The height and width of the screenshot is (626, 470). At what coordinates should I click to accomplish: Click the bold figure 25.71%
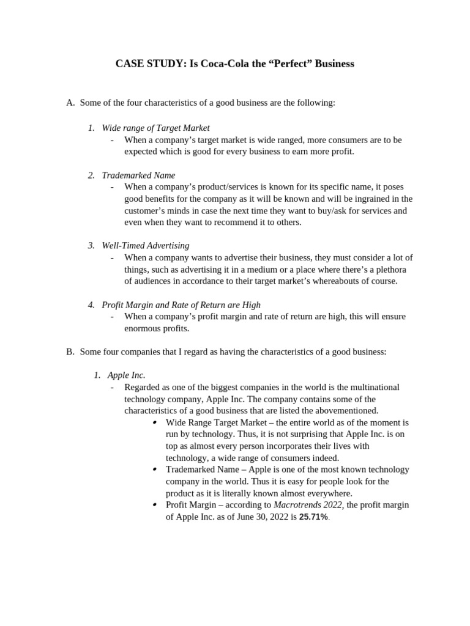pos(313,517)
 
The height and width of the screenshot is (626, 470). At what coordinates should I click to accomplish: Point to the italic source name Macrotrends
pos(296,505)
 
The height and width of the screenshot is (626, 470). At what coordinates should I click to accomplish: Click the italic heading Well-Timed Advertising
pos(146,246)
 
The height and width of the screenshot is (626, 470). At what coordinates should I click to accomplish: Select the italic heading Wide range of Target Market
pos(155,128)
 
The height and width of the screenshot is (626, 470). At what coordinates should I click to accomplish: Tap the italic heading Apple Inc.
pos(126,375)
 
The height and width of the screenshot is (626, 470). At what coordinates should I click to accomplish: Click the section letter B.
pos(70,352)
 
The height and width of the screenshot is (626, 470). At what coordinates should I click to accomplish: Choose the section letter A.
pos(70,103)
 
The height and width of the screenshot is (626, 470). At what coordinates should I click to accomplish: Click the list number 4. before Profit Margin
pos(91,304)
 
